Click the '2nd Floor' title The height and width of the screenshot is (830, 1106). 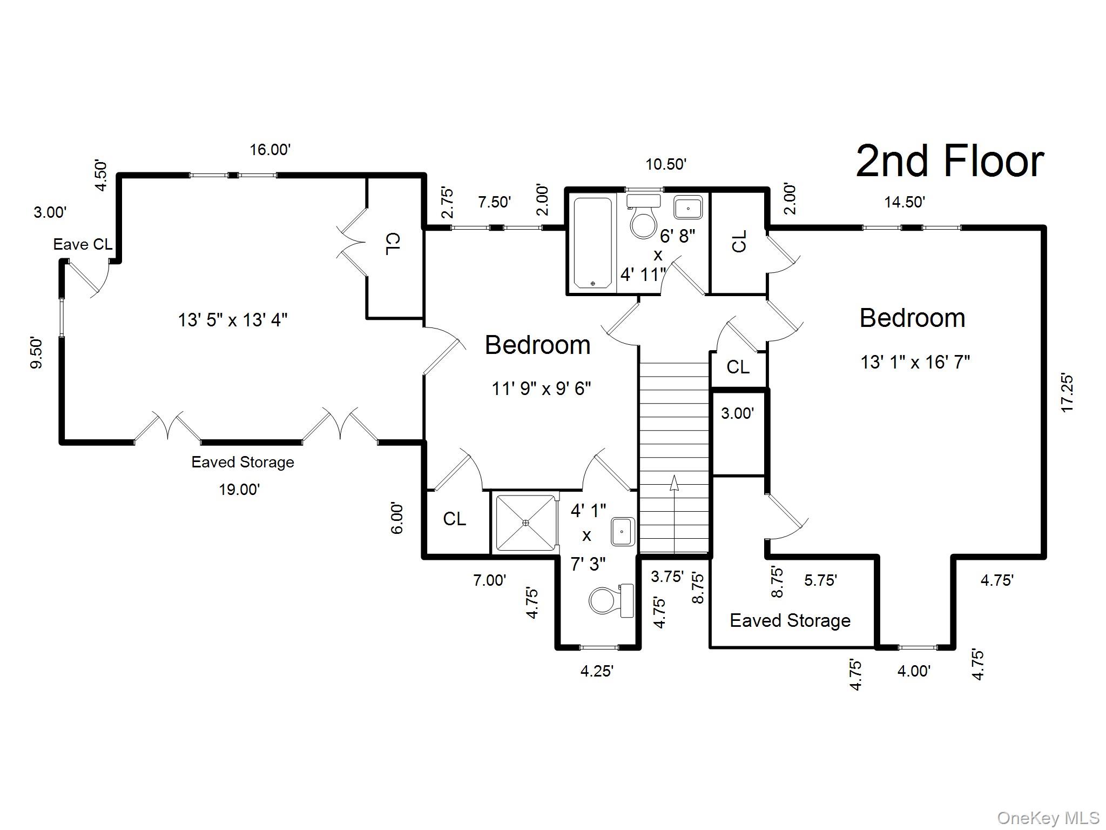click(x=949, y=161)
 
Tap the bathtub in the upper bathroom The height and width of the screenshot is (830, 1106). click(x=592, y=243)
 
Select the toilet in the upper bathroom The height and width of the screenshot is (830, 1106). click(x=643, y=218)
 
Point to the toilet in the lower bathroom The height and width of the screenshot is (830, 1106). click(x=610, y=600)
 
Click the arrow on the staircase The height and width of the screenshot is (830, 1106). click(x=674, y=483)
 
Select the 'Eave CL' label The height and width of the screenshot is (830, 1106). click(x=83, y=244)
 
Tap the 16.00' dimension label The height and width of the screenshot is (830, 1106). click(x=270, y=150)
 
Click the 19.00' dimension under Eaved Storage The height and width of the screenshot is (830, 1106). click(x=239, y=490)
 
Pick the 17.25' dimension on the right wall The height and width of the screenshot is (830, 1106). click(x=1067, y=393)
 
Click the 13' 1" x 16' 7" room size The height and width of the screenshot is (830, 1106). click(x=915, y=362)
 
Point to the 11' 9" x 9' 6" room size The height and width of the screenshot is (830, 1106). click(x=541, y=388)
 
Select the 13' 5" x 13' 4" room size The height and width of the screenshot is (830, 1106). click(x=233, y=320)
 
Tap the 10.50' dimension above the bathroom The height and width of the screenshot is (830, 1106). click(x=666, y=164)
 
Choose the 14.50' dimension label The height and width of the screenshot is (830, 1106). click(x=905, y=202)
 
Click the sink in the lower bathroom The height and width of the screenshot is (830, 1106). click(x=623, y=531)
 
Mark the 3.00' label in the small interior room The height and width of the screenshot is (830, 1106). click(x=737, y=413)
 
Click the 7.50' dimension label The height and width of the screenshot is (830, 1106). click(x=494, y=202)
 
